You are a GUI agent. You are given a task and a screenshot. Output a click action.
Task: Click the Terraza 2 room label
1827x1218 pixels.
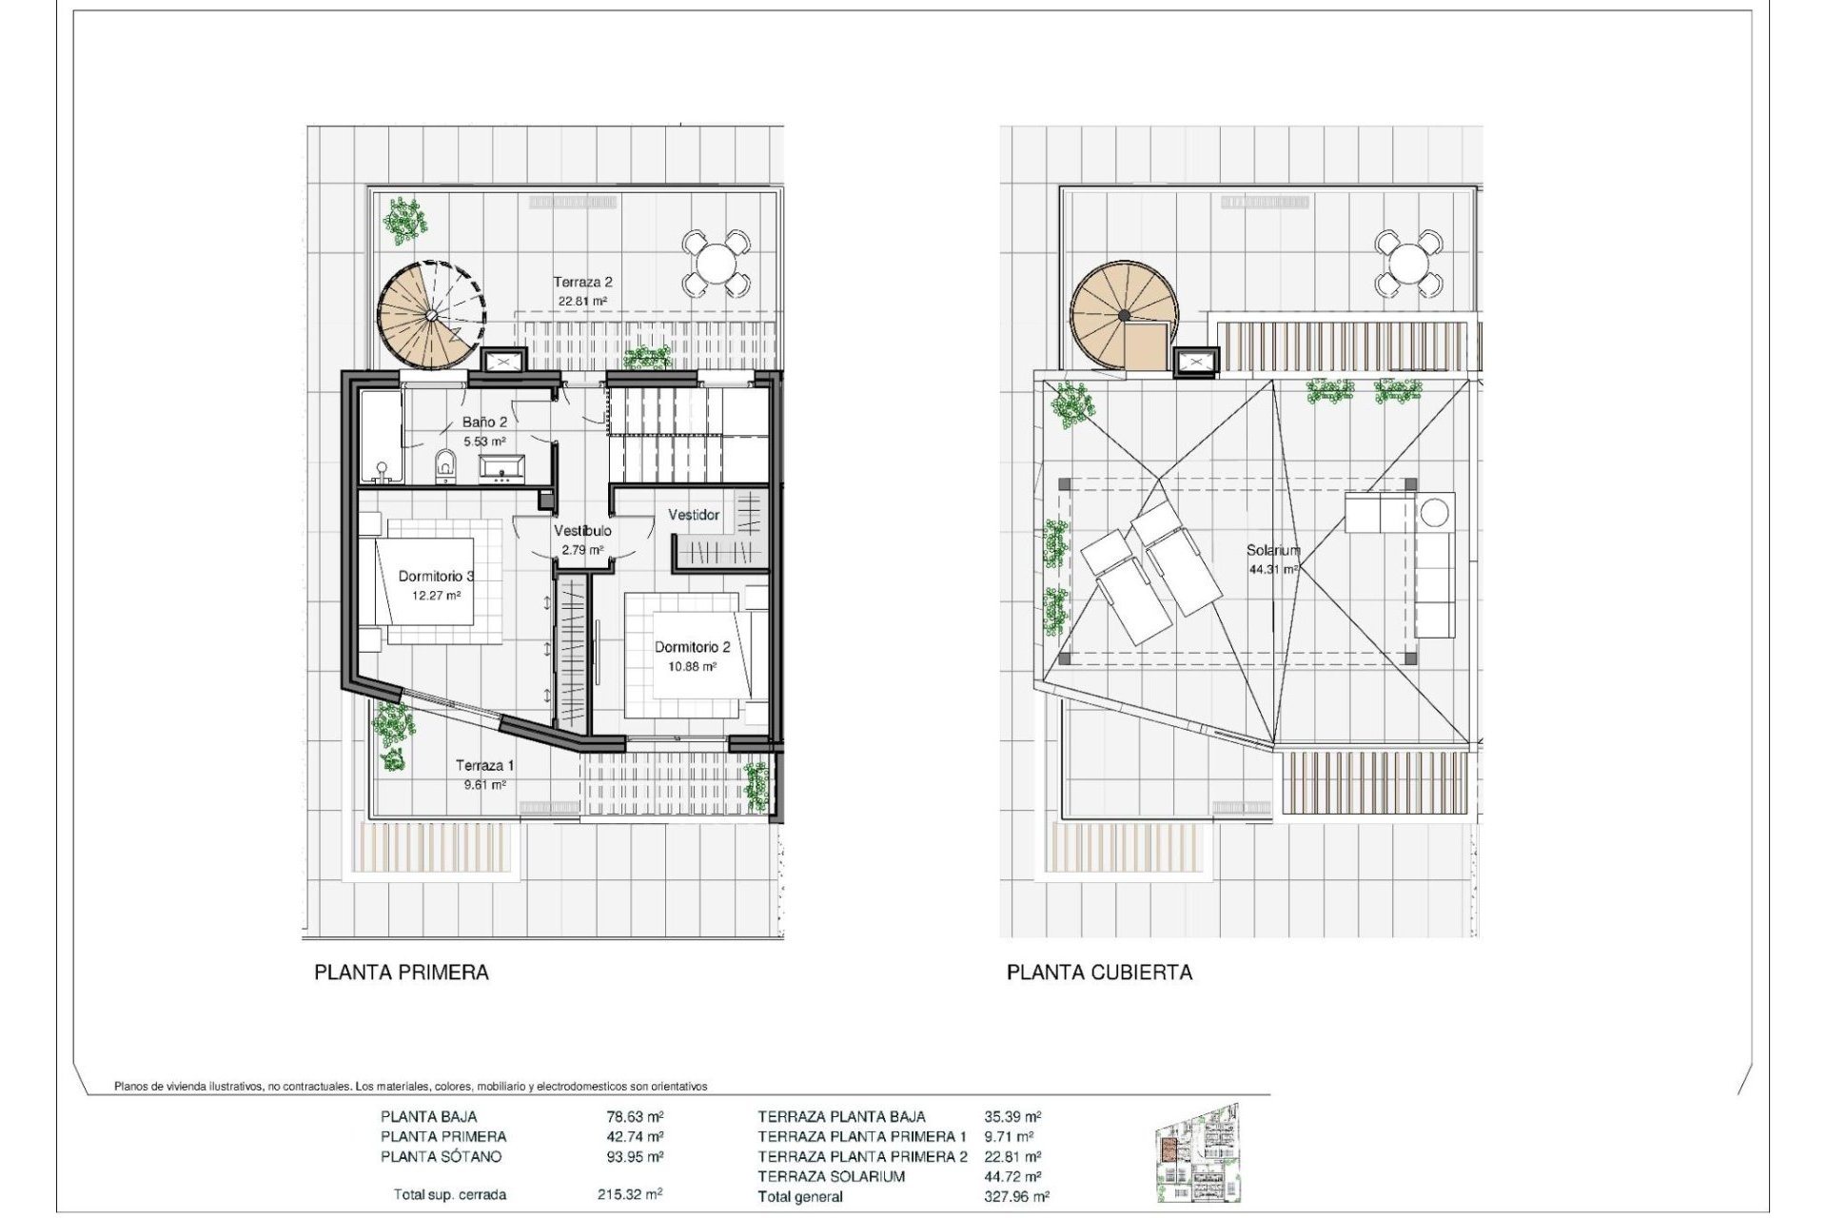582,282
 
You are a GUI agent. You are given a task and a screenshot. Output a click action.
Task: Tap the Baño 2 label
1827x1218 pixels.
484,422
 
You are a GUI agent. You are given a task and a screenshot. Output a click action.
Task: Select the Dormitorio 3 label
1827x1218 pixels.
436,576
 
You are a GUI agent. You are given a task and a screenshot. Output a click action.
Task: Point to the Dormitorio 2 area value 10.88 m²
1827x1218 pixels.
692,667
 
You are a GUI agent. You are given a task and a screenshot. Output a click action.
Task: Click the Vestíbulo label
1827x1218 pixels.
582,531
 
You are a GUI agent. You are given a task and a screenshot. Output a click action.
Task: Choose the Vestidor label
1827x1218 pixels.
694,515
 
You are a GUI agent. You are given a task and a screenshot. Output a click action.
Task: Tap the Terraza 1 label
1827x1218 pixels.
484,765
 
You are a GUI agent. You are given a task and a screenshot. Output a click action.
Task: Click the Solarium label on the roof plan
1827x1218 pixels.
1273,550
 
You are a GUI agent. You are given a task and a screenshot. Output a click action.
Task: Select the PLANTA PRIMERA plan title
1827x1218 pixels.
402,972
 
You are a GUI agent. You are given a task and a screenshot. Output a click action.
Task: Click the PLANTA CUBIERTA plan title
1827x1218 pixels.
1099,972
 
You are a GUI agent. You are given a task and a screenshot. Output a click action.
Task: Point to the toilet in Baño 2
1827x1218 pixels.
444,466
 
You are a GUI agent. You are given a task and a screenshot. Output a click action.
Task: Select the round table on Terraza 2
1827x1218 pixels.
716,262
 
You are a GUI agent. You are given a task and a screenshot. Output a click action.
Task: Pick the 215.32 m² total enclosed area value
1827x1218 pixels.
630,1194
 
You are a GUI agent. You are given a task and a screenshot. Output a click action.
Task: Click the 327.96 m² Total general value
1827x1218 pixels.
1017,1197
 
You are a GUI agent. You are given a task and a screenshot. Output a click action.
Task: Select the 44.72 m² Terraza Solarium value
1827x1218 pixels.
1012,1177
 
